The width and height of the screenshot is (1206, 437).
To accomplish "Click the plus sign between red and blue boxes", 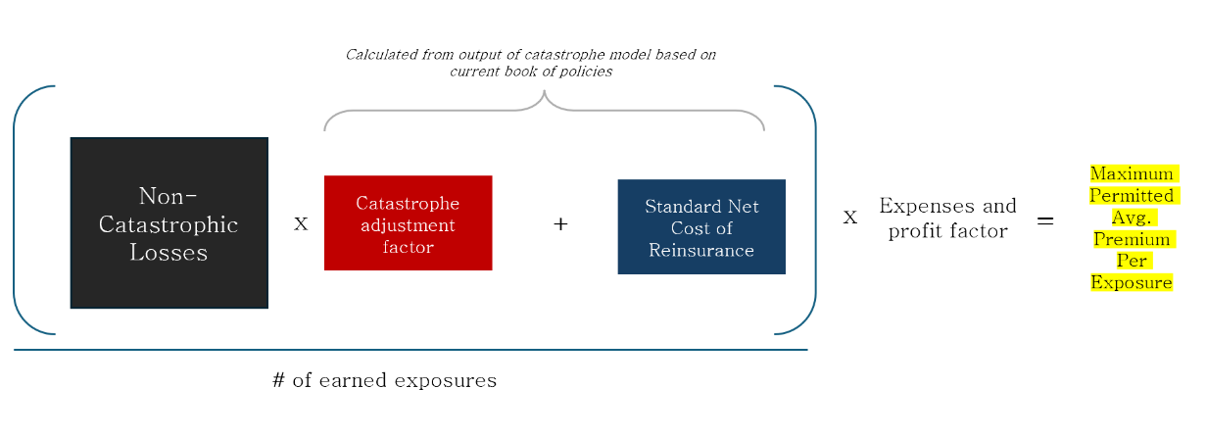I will tap(560, 224).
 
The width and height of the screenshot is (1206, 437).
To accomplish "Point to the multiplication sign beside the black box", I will tap(301, 224).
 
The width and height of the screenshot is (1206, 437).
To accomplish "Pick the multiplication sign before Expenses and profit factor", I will tap(850, 218).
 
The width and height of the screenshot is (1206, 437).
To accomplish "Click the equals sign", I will tap(1045, 221).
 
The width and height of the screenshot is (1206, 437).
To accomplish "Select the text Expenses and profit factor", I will tap(947, 218).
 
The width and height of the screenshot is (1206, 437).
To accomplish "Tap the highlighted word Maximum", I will tap(1133, 173).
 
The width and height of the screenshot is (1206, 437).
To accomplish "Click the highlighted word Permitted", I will tap(1133, 195).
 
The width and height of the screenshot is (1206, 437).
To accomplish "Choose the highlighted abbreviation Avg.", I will tap(1133, 217).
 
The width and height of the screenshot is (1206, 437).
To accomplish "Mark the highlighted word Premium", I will tap(1133, 239).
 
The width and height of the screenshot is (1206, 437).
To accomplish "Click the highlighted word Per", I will tap(1133, 261).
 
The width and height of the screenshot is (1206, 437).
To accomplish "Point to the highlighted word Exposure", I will tap(1133, 283).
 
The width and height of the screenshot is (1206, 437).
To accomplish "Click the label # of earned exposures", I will tap(384, 380).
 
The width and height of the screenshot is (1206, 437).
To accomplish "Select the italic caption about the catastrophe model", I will tap(530, 63).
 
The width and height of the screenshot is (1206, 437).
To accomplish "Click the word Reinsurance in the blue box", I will tap(700, 251).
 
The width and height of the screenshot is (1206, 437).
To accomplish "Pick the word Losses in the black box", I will tap(169, 253).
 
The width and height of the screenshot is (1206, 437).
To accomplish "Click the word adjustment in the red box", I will tap(408, 225).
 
